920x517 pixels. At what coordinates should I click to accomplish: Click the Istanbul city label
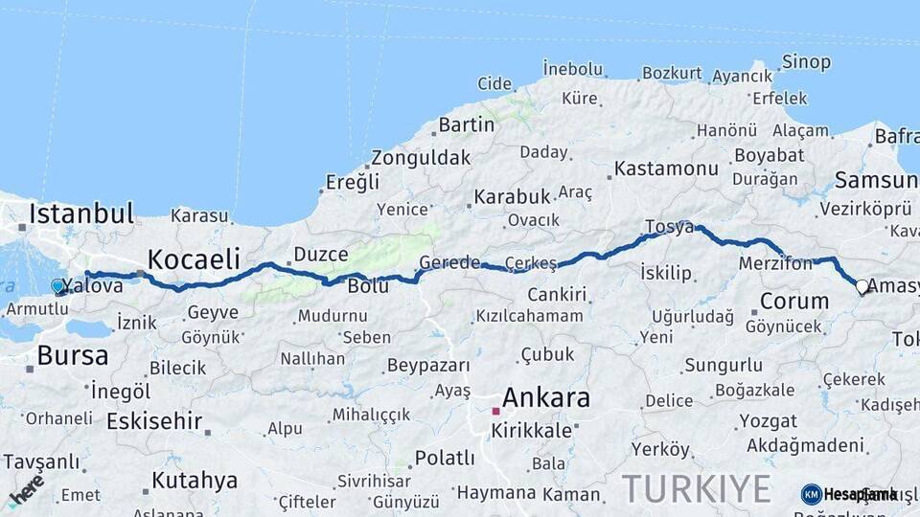tap(81, 213)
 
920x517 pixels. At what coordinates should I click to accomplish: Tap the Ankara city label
tap(546, 397)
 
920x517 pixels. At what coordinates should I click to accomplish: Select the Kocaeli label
tap(193, 258)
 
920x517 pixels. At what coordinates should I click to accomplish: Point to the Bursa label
tap(73, 356)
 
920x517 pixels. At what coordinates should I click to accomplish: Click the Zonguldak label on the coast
tap(421, 157)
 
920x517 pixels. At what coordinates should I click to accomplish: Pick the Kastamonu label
tap(666, 169)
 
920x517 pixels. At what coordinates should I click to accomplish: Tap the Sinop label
tap(806, 62)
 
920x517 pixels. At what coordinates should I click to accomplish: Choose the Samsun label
tap(875, 180)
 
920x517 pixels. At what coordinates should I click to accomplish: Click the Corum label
tap(793, 301)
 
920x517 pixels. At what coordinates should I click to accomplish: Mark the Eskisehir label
tap(154, 421)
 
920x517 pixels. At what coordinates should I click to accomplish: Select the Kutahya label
tap(194, 480)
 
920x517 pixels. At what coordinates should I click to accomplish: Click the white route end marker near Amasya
tap(862, 285)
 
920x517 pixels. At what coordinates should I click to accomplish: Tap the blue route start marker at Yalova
tap(57, 285)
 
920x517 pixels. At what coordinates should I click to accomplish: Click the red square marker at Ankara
tap(495, 411)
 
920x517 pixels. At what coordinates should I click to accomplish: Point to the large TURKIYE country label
tap(697, 488)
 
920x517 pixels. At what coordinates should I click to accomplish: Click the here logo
tap(26, 489)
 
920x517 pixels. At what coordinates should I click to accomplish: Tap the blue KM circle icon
tap(812, 494)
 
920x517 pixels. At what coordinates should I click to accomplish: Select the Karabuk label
tap(512, 196)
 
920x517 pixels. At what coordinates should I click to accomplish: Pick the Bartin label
tap(467, 124)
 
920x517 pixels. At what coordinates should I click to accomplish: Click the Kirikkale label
tap(531, 431)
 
